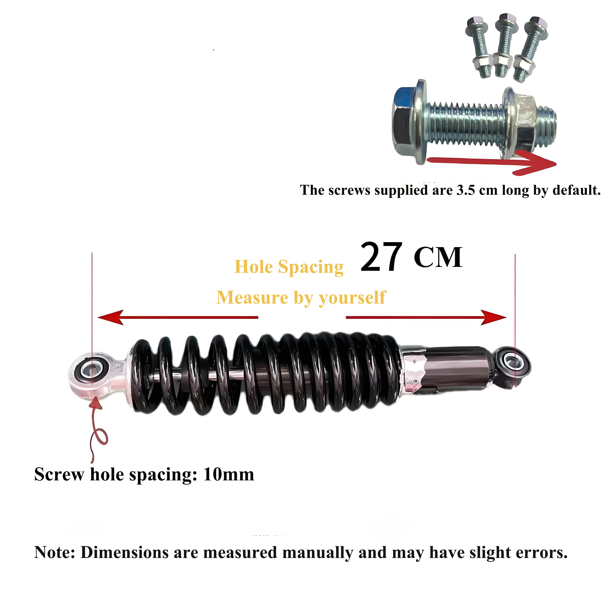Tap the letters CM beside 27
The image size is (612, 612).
(438, 258)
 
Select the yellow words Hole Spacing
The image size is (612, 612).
(289, 267)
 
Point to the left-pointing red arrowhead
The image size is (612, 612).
(110, 317)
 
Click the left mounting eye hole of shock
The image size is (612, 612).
(92, 370)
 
